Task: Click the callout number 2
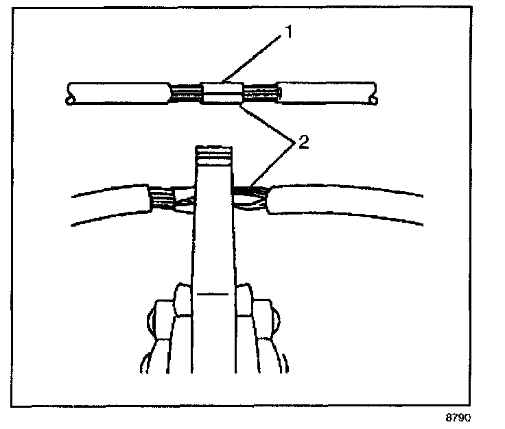pos(300,143)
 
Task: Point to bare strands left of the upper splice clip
pos(186,93)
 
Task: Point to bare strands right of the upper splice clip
pos(259,93)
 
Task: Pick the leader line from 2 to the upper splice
pos(264,123)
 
